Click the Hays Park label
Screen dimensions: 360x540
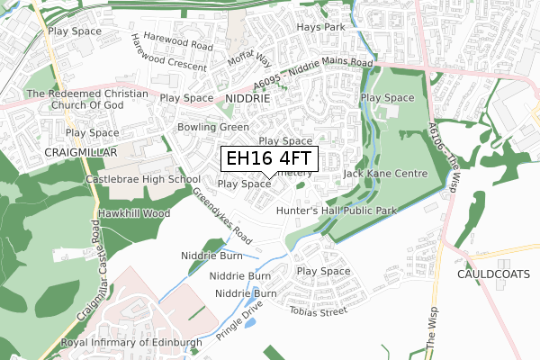pos(321,28)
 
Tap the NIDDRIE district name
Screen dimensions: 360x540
pos(248,97)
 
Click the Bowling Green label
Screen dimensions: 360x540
pos(213,128)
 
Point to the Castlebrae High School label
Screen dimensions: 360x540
pos(142,179)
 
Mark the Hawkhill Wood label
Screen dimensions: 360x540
pos(134,213)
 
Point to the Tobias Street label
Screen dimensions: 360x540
pos(318,311)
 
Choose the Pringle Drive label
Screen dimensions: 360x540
pos(238,320)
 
